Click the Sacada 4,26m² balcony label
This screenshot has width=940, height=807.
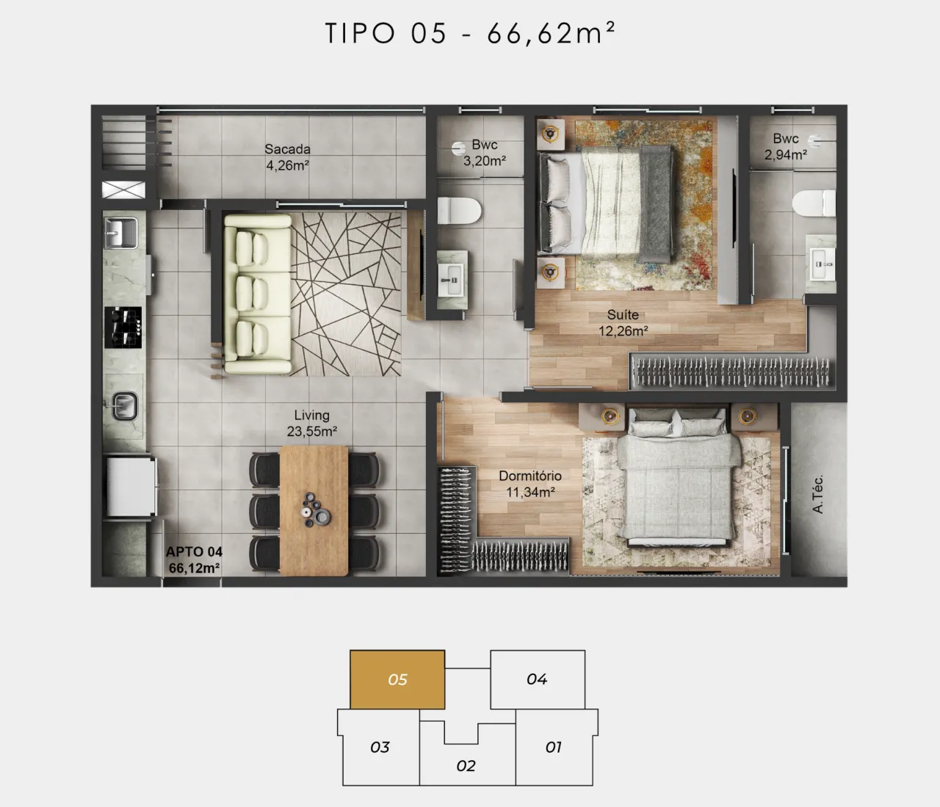tap(287, 157)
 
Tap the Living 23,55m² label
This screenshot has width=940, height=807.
tap(312, 423)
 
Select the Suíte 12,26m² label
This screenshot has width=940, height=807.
tap(623, 322)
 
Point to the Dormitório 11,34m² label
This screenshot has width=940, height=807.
tap(530, 484)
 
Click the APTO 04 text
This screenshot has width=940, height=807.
tap(194, 551)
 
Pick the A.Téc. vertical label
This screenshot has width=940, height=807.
tap(817, 493)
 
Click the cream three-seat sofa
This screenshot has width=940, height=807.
tap(258, 294)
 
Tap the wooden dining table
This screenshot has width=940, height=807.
tap(314, 510)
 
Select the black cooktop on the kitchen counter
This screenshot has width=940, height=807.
tap(123, 327)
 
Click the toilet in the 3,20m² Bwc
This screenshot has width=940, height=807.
tap(459, 211)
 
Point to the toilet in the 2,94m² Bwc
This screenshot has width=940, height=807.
tap(814, 203)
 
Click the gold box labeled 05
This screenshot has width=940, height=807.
tap(397, 679)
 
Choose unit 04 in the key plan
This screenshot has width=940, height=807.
tap(538, 679)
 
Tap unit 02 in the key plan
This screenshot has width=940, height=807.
tap(466, 766)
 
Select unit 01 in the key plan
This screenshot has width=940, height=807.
tap(554, 747)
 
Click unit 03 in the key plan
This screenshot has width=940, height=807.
tap(380, 747)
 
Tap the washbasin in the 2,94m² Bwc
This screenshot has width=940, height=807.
tap(821, 264)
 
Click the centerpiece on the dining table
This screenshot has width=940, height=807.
tap(315, 510)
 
